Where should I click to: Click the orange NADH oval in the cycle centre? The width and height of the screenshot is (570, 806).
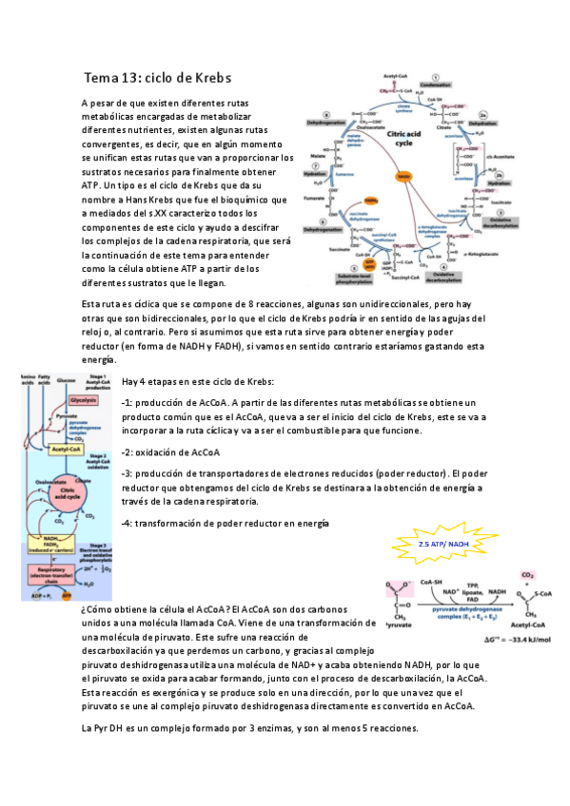pos(403,177)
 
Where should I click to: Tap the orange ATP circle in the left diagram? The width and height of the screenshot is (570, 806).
pos(66,594)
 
